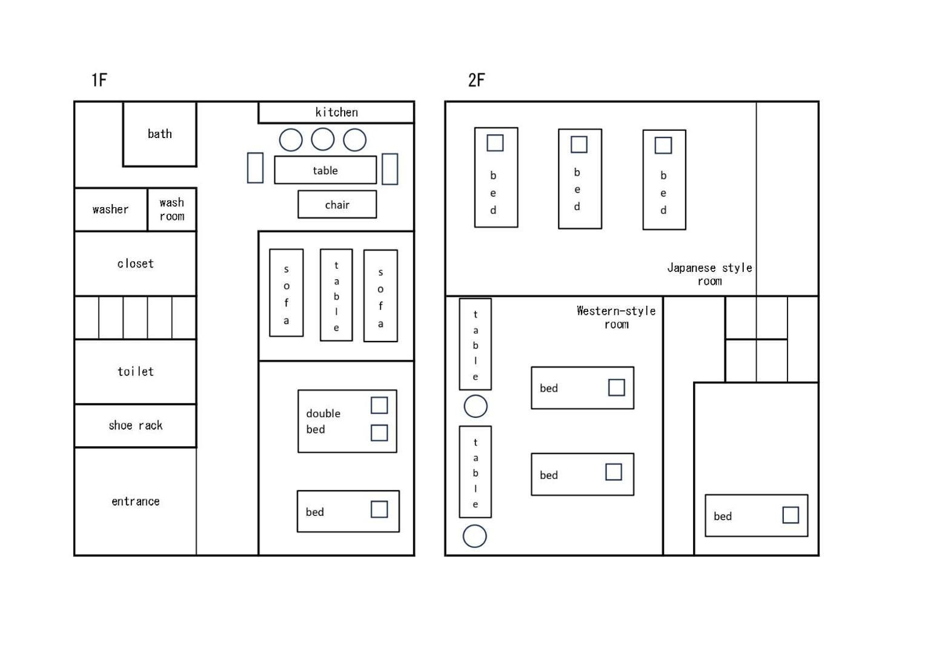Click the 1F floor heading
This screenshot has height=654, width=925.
99,80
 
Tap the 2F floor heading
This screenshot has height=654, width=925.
476,80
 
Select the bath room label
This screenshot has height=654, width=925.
160,134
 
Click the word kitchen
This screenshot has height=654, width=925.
337,112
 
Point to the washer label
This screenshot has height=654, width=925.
111,210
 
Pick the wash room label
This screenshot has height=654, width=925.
172,210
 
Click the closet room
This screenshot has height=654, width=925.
136,263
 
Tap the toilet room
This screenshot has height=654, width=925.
136,372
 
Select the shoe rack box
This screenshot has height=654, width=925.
136,426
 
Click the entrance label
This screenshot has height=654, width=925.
136,501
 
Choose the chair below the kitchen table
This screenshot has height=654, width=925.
337,205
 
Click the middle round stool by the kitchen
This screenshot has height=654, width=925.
322,139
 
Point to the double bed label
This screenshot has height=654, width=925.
323,421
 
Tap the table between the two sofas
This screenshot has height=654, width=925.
336,295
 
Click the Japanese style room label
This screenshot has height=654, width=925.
709,274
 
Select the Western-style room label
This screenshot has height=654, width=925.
616,317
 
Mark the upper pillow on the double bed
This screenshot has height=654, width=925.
379,405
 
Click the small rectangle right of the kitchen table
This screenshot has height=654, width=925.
390,169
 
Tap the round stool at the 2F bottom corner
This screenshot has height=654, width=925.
474,536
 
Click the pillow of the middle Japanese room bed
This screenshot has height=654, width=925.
579,145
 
